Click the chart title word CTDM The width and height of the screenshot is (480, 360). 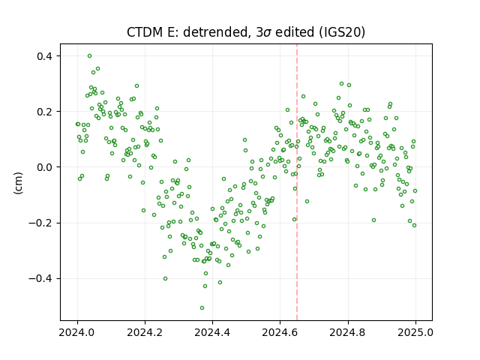(145, 32)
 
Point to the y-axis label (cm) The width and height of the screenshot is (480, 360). (18, 183)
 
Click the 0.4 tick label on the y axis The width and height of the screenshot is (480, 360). (45, 56)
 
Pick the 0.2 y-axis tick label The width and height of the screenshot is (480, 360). (45, 112)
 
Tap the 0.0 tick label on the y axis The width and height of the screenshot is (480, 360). (45, 167)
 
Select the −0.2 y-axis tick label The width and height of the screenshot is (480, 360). (41, 223)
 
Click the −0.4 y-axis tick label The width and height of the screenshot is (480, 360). (41, 279)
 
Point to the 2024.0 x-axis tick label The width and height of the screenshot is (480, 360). (77, 332)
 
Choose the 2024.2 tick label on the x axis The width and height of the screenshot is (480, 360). (145, 332)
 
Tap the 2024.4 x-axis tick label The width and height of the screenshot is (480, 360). (212, 332)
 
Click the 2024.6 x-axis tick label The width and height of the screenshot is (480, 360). (280, 332)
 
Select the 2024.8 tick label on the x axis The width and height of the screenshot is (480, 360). (348, 332)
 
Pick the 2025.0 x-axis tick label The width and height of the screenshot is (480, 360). (415, 332)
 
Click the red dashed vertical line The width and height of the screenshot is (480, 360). (297, 182)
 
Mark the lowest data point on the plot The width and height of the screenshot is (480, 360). (202, 307)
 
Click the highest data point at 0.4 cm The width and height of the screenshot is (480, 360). (89, 56)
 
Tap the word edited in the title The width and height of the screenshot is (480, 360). (295, 32)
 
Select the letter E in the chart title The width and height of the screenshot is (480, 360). (170, 32)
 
